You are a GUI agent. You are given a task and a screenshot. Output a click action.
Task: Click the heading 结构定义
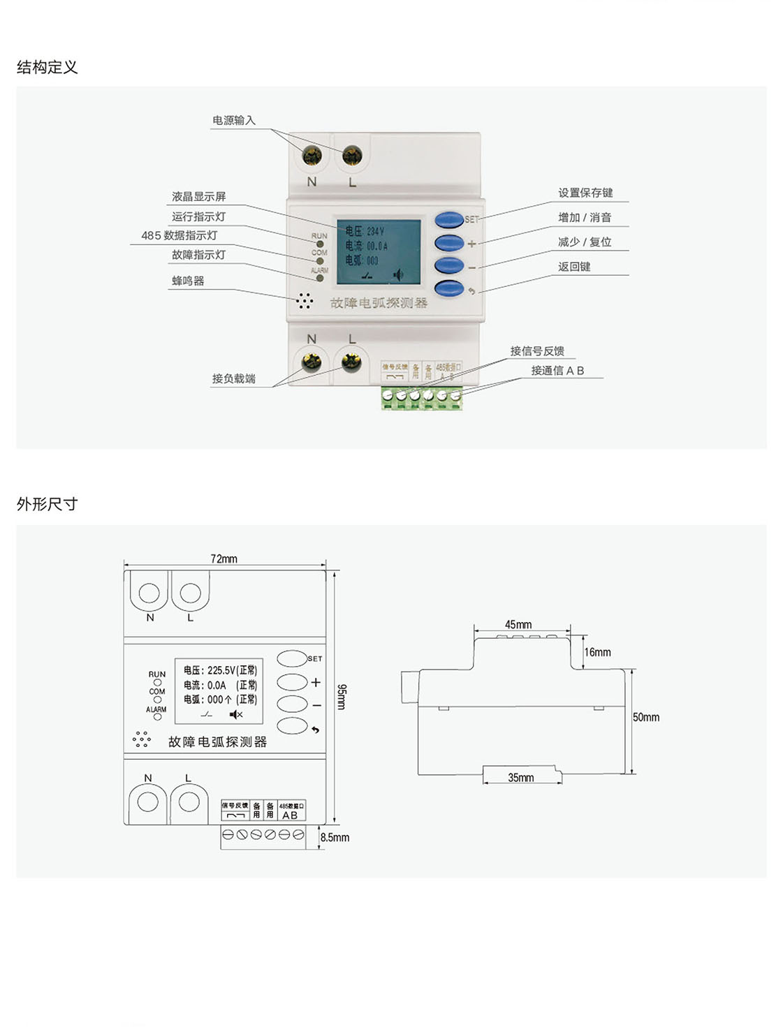47,67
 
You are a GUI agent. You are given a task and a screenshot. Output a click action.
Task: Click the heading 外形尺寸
47,504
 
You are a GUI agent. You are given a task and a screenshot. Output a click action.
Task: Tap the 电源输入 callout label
234,120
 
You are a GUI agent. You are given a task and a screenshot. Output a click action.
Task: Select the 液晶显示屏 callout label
199,197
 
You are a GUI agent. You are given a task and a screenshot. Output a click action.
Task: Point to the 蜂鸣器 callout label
188,281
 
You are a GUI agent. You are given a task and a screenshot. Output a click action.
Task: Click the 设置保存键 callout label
585,193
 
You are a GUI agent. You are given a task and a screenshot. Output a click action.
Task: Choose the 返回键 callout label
574,267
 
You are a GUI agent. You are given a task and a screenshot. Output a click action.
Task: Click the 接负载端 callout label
234,378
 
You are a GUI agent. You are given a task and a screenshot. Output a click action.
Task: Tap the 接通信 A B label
557,371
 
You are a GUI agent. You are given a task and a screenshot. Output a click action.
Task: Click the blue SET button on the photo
449,220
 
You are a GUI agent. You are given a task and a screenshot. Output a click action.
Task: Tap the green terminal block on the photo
421,397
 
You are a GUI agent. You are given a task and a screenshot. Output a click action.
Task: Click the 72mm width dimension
224,559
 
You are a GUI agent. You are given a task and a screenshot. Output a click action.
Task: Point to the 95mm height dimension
341,696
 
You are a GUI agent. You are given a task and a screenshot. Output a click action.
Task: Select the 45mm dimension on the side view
518,624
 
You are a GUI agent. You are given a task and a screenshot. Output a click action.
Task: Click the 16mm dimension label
598,652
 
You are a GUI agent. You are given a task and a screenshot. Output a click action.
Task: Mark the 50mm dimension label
646,717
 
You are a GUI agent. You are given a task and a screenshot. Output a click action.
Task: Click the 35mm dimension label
521,777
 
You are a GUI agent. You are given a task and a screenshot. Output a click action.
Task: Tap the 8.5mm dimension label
335,837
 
